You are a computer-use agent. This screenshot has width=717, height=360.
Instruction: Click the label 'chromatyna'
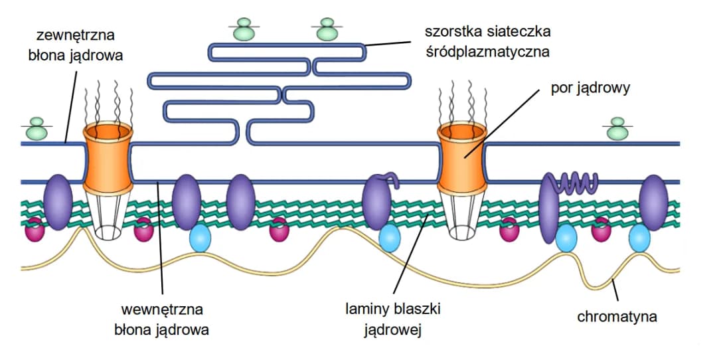(x=617, y=316)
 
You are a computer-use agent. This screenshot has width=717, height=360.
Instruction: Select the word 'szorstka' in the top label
(x=452, y=31)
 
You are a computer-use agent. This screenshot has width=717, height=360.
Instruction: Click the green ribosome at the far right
(x=618, y=130)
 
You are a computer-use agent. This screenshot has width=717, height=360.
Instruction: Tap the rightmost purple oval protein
(x=653, y=202)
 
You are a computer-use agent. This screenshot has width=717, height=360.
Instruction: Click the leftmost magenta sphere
(x=35, y=230)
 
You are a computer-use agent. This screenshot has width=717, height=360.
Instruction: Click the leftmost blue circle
(x=200, y=238)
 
